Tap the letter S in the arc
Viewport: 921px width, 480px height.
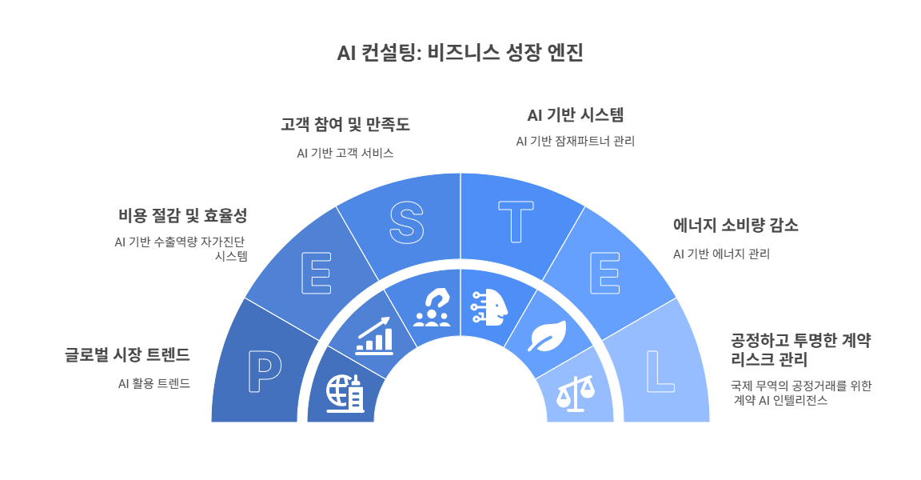pos(405,222)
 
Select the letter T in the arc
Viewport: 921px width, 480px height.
pos(516,222)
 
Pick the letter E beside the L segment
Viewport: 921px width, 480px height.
pos(604,274)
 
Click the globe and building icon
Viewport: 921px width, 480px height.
pos(345,393)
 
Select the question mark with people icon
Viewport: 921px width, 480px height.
pos(432,308)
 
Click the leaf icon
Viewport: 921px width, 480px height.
pos(548,335)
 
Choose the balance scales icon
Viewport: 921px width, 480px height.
pos(576,391)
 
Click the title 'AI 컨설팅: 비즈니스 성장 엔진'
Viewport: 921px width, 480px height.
pos(460,54)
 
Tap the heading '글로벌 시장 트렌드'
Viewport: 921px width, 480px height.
pos(127,354)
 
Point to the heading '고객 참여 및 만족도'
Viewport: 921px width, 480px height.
pos(345,125)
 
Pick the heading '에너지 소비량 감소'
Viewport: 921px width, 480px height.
pos(736,226)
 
